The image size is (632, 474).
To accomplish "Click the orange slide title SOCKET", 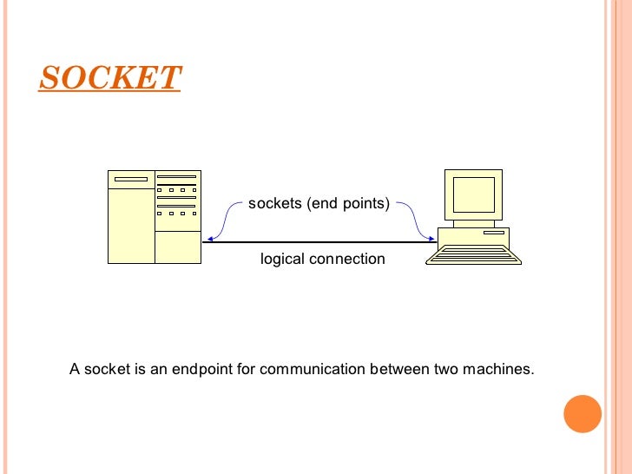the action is [109, 77].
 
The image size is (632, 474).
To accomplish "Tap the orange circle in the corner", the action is [583, 414].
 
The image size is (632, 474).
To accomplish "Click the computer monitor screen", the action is [473, 194].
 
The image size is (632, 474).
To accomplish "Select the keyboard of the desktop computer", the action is [477, 254].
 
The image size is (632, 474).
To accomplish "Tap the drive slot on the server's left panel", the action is [131, 180].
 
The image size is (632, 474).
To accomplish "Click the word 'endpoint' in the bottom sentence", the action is [203, 369].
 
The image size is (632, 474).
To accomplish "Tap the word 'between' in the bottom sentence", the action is [398, 369].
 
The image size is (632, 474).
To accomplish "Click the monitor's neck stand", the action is [474, 223].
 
